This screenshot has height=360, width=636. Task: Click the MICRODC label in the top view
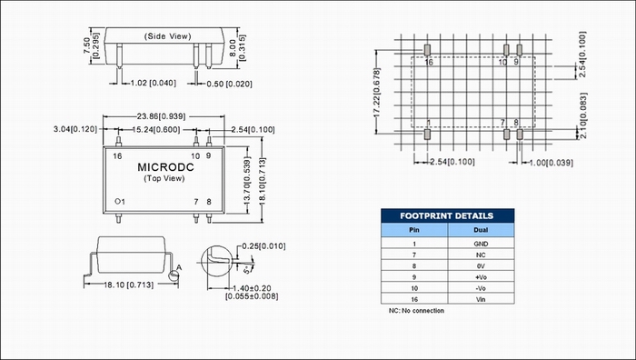[x=165, y=167]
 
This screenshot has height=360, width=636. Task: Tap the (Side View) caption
[x=167, y=36]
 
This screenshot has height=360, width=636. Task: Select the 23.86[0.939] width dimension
[x=161, y=116]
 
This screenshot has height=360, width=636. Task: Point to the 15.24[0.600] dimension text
[x=156, y=129]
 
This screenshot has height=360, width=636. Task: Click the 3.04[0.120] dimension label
[x=75, y=129]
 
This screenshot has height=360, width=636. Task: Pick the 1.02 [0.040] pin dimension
[x=154, y=84]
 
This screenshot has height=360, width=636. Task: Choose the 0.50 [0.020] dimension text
[x=229, y=84]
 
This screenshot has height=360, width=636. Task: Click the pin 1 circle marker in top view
[x=117, y=201]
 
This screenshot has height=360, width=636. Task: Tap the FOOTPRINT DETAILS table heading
[x=447, y=215]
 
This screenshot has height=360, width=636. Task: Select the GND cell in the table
[x=481, y=244]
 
